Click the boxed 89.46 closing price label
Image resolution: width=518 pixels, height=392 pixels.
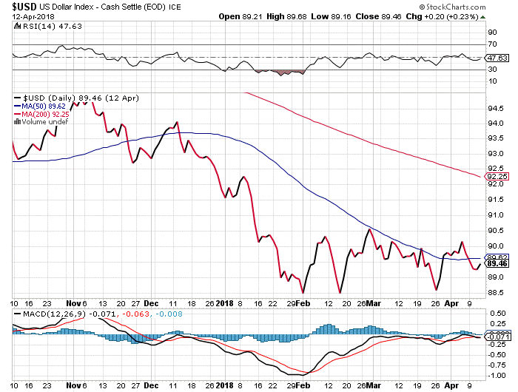[x=497, y=263]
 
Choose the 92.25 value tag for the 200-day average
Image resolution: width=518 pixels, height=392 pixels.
[x=497, y=176]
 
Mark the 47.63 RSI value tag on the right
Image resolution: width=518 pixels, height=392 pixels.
[x=497, y=58]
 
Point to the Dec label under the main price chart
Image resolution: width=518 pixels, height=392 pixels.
[x=151, y=302]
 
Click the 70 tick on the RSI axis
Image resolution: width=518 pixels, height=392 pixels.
[x=491, y=44]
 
